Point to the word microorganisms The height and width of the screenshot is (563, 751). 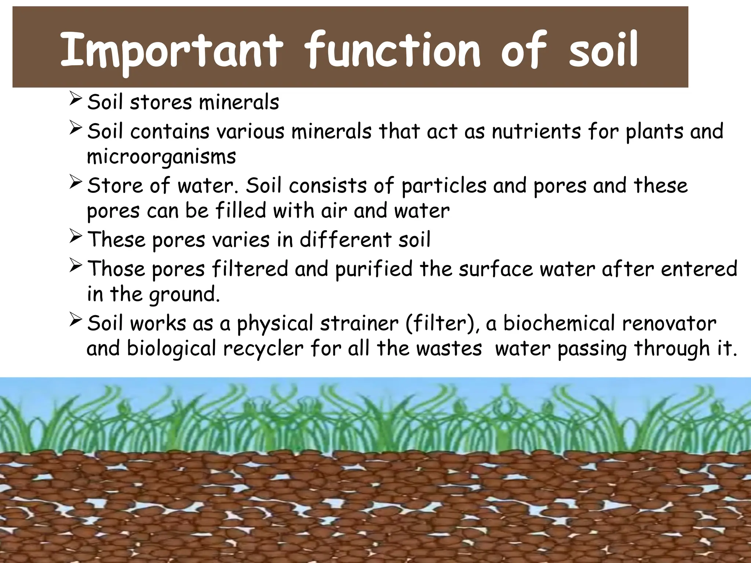(161, 157)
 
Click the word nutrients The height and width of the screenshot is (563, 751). (536, 131)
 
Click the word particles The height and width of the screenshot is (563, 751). (444, 186)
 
